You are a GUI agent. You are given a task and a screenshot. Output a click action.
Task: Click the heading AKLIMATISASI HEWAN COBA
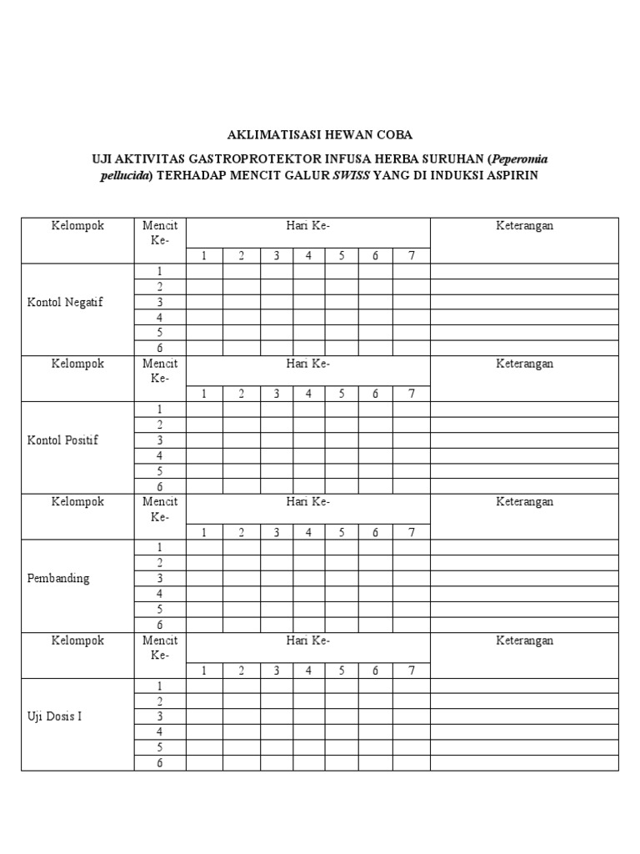tap(320, 134)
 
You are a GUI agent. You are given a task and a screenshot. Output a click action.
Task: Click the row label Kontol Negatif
tap(65, 303)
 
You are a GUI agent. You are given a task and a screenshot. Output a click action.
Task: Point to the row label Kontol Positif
tap(63, 440)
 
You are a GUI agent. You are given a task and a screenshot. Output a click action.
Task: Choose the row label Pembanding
tap(58, 578)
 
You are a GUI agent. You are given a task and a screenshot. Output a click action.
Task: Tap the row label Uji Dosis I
tap(55, 716)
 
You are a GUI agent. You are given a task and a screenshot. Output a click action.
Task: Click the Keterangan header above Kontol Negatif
tap(525, 226)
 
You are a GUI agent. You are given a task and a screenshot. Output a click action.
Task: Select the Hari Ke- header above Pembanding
tap(308, 502)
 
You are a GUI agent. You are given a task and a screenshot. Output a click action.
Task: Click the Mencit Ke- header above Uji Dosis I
tap(160, 647)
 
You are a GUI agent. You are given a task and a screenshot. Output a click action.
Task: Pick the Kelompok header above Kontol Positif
tap(77, 364)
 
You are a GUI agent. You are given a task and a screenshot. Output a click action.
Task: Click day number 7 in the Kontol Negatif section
tap(411, 256)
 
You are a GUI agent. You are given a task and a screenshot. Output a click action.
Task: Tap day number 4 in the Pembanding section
tap(308, 532)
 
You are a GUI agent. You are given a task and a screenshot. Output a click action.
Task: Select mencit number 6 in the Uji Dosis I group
tap(160, 762)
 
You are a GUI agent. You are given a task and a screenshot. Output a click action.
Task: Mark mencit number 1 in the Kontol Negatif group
tap(160, 272)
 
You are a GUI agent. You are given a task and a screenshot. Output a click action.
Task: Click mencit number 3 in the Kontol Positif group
tap(160, 440)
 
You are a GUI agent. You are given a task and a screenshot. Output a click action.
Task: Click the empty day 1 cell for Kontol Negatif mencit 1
tap(204, 272)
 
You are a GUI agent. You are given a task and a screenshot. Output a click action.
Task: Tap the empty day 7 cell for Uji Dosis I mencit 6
tap(411, 762)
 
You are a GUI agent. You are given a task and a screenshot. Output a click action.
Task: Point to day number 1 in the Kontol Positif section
tap(204, 394)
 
